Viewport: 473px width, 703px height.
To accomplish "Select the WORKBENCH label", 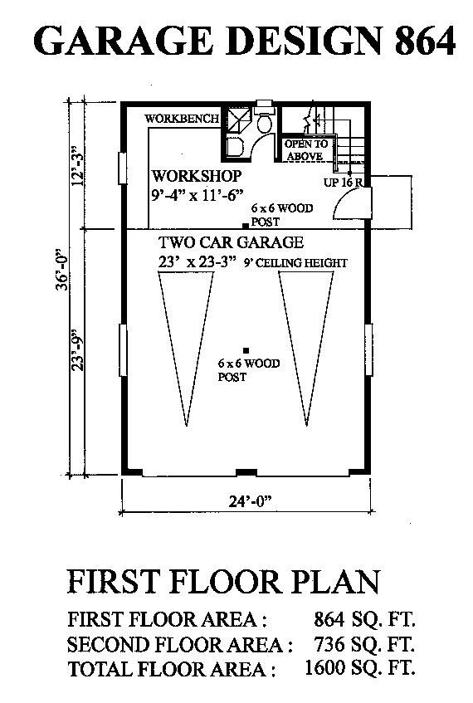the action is [x=182, y=119].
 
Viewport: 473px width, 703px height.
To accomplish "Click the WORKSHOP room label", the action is [x=197, y=175].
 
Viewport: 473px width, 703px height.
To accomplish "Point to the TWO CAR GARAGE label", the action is [x=231, y=242].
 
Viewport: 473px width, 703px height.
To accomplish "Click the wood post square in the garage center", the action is [x=246, y=350].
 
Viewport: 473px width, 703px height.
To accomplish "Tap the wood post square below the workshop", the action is [x=246, y=227].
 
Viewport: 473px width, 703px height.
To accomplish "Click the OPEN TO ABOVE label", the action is [x=306, y=150].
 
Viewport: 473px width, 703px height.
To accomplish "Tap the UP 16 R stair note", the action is [x=343, y=183].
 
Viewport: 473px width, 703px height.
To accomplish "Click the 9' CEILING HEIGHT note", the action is [x=295, y=263].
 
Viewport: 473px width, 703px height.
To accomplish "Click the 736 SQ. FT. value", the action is [x=364, y=644].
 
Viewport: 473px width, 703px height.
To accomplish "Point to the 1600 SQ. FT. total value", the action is [x=360, y=668].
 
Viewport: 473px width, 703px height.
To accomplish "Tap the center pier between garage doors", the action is [x=246, y=472].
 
